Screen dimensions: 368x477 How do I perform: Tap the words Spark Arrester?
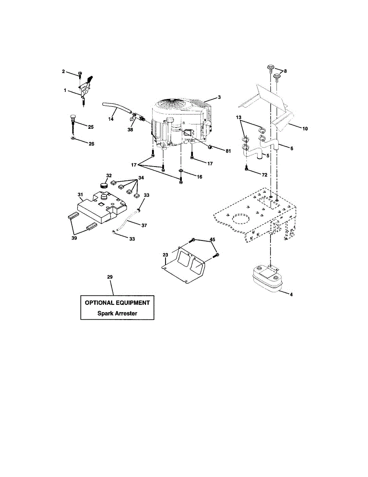click(117, 313)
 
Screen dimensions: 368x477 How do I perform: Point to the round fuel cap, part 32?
click(104, 185)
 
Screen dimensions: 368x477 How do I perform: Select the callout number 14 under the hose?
click(111, 119)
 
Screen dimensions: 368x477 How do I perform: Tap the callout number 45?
click(212, 239)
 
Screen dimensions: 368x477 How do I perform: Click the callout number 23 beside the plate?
click(166, 254)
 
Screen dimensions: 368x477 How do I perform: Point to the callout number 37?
click(144, 225)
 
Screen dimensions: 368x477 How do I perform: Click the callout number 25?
click(91, 127)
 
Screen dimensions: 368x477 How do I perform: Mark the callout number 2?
click(63, 71)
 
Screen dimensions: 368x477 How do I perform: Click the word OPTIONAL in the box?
click(99, 302)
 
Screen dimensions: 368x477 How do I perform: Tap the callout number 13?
click(238, 118)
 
